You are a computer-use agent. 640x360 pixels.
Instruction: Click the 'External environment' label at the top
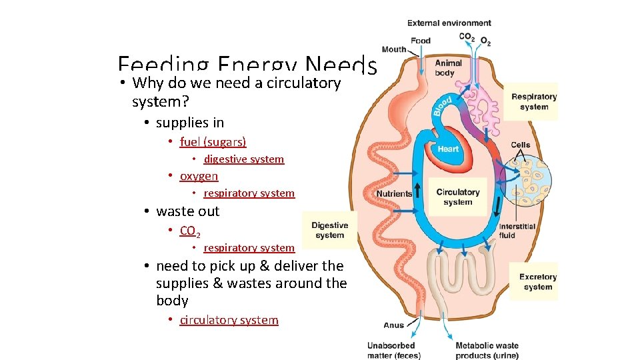[449, 23]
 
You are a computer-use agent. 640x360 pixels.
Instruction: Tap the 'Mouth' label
[394, 49]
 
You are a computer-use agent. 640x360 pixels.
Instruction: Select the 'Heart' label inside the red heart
[448, 149]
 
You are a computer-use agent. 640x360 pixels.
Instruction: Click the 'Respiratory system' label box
[533, 102]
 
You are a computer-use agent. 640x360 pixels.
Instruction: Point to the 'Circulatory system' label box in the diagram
[457, 197]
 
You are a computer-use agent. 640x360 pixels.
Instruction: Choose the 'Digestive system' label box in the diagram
[329, 230]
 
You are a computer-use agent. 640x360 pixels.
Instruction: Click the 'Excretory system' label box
[537, 282]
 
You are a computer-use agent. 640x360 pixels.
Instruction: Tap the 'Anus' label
[394, 325]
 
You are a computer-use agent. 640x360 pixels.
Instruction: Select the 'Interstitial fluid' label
[517, 231]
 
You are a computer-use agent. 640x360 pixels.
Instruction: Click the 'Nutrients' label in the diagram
[394, 194]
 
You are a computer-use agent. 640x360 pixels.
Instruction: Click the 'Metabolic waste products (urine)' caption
[487, 350]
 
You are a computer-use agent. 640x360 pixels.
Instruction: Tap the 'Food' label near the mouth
[421, 41]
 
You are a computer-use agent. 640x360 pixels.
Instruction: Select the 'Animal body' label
[448, 68]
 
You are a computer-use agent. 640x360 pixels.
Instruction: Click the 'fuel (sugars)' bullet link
[213, 142]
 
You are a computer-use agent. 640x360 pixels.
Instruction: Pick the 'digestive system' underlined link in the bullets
[244, 159]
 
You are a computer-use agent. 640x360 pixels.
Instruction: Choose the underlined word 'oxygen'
[199, 176]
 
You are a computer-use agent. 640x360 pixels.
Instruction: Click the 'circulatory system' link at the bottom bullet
[229, 320]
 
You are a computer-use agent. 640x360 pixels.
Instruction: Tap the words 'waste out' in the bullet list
[187, 211]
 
